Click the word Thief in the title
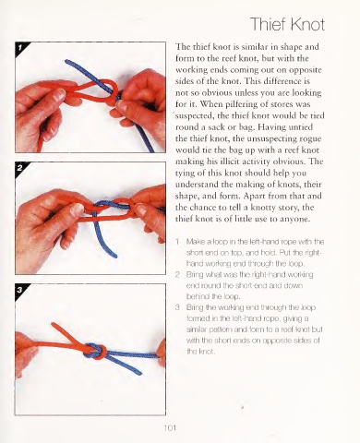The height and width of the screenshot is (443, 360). point(268,24)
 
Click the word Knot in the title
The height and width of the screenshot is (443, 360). point(307,24)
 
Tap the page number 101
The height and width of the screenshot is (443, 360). point(170,428)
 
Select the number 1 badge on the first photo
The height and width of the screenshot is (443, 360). point(20,47)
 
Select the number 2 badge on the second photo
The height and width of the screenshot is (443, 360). point(20,168)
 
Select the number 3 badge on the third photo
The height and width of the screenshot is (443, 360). point(20,290)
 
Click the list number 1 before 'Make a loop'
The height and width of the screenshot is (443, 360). point(177,242)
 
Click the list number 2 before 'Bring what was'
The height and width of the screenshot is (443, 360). point(177,274)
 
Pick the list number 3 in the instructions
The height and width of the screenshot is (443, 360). point(177,307)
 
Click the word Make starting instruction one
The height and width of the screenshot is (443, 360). point(194,242)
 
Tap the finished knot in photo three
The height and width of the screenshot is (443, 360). point(95,351)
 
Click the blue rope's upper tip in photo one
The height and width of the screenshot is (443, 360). point(66,62)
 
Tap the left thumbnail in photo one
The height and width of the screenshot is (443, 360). point(58,95)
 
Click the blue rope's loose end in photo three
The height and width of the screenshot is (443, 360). point(140,373)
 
